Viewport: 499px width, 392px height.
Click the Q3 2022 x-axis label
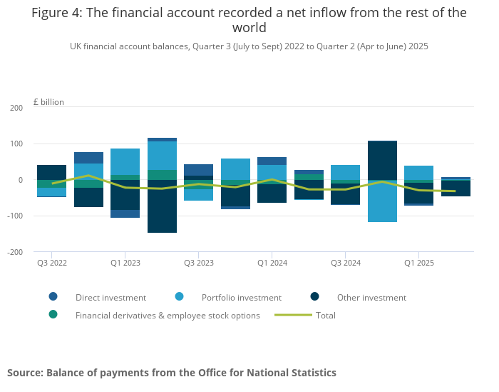[x=52, y=263]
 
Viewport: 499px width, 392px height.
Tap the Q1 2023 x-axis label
[x=125, y=263]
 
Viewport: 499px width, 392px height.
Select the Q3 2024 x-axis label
[x=346, y=263]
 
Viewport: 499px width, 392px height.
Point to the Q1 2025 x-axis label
[x=419, y=263]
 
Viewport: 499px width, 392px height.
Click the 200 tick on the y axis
[x=16, y=108]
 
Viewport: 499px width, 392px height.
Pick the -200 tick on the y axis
[x=14, y=252]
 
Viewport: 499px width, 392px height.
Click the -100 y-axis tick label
[x=14, y=216]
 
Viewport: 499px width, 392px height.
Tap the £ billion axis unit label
[x=48, y=102]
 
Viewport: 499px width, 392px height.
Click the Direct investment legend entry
[x=110, y=298]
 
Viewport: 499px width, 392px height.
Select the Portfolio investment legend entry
[x=241, y=298]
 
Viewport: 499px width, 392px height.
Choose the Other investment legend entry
[x=371, y=298]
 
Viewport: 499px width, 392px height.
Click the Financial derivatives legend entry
[x=168, y=315]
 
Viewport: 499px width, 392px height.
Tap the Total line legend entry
[x=325, y=315]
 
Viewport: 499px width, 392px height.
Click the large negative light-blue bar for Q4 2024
[x=382, y=201]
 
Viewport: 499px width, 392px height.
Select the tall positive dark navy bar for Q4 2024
[x=382, y=160]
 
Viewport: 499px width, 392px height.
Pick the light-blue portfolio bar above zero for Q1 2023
[x=125, y=161]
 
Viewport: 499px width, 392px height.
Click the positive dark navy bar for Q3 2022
[x=52, y=172]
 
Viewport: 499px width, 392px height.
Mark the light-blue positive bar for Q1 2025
[x=419, y=173]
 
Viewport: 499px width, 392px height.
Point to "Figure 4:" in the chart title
[x=55, y=13]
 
